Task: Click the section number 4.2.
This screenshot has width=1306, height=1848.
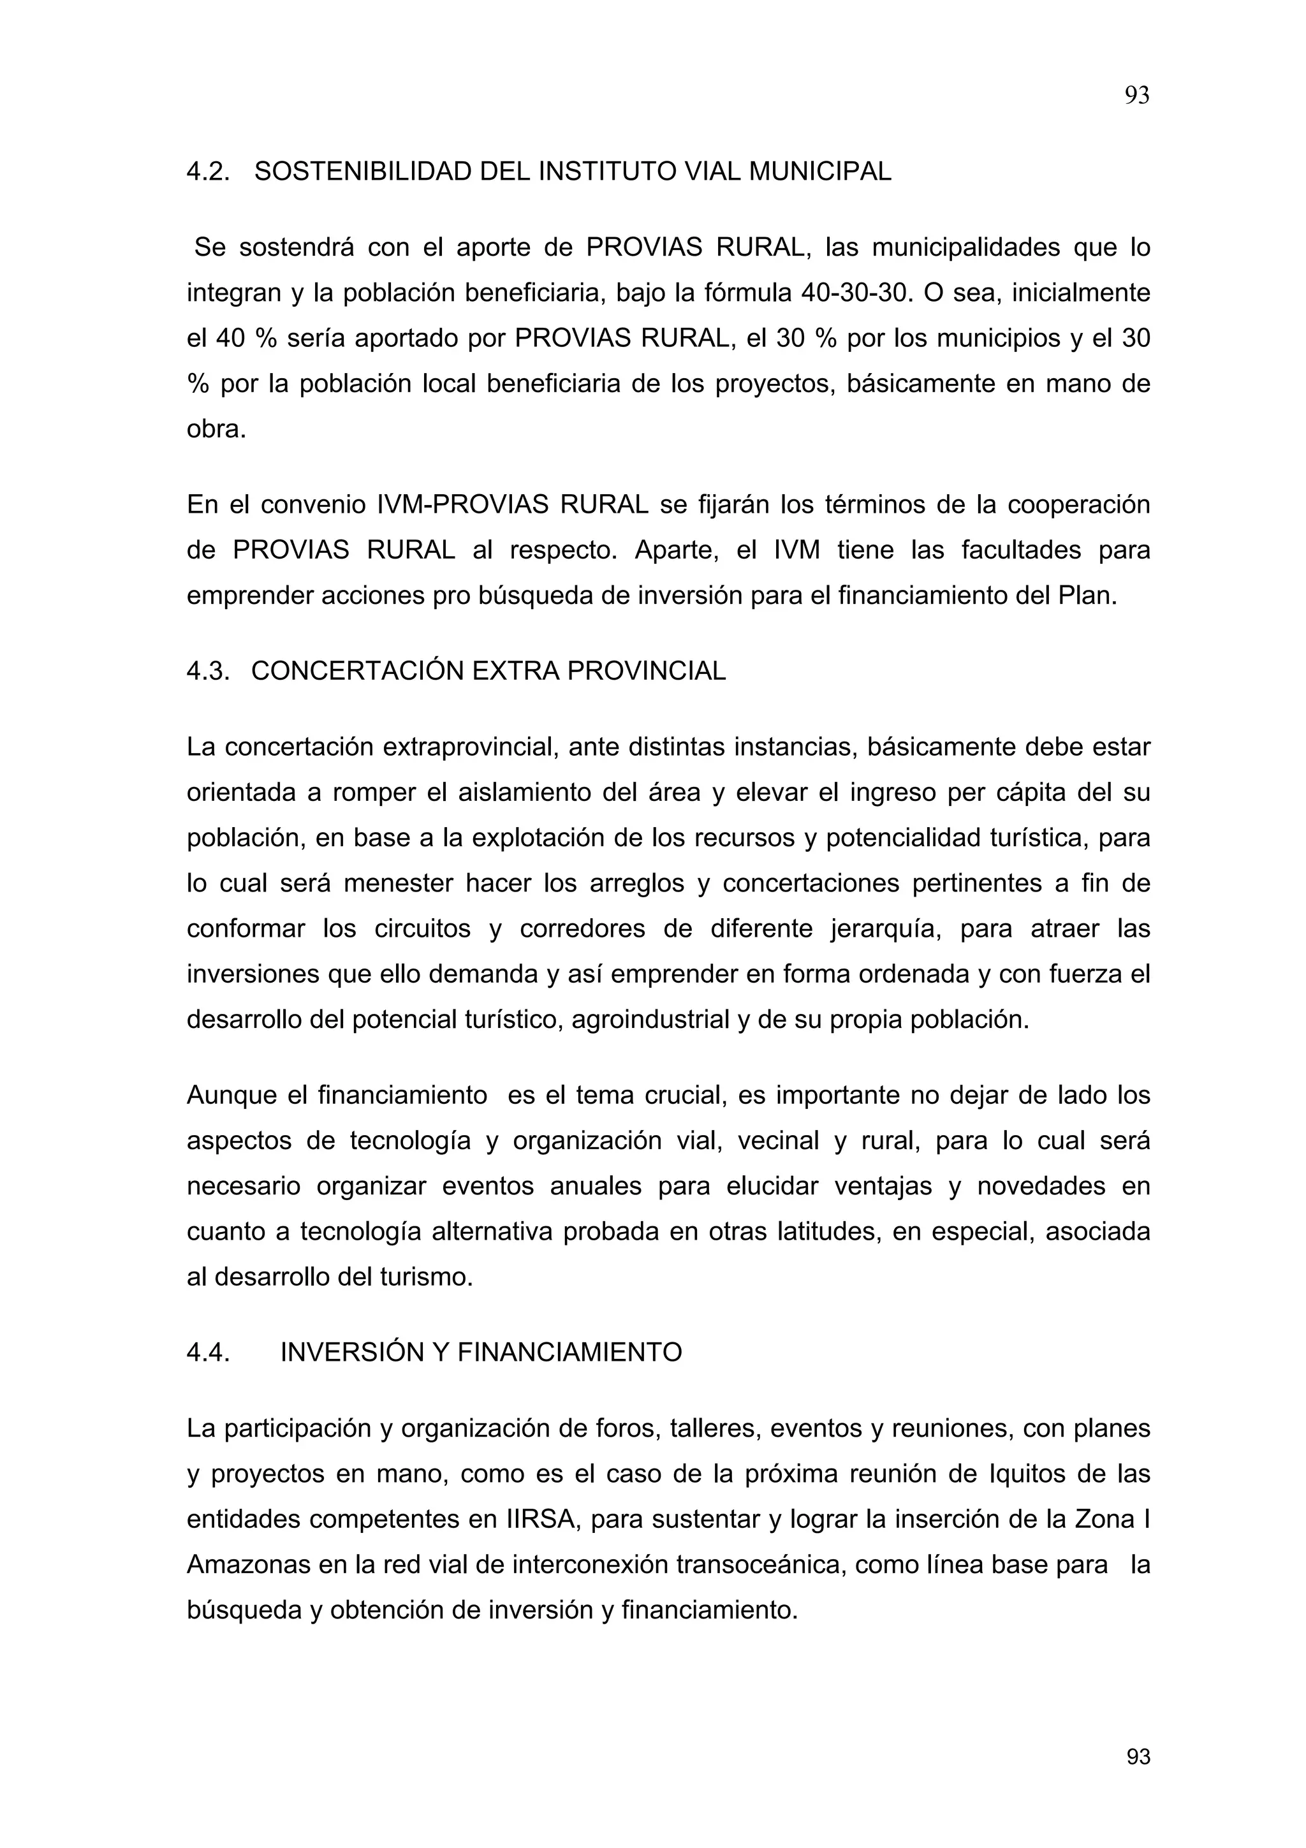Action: click(x=208, y=172)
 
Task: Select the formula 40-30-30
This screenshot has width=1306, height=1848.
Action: click(x=854, y=293)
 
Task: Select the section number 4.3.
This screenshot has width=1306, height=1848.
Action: click(x=208, y=671)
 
